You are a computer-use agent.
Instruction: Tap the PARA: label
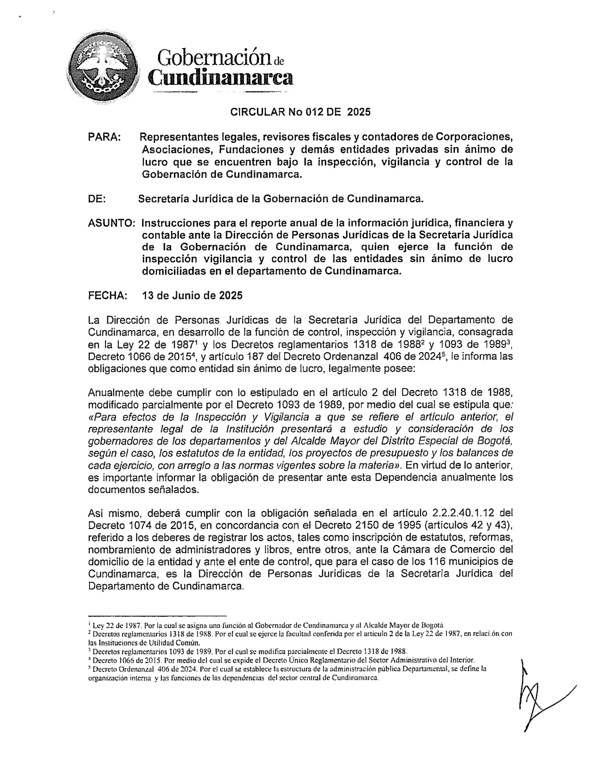[x=104, y=137]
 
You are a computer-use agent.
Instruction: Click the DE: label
[x=97, y=199]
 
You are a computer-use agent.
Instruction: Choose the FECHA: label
[x=107, y=296]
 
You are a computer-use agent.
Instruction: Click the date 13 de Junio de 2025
[x=192, y=296]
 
